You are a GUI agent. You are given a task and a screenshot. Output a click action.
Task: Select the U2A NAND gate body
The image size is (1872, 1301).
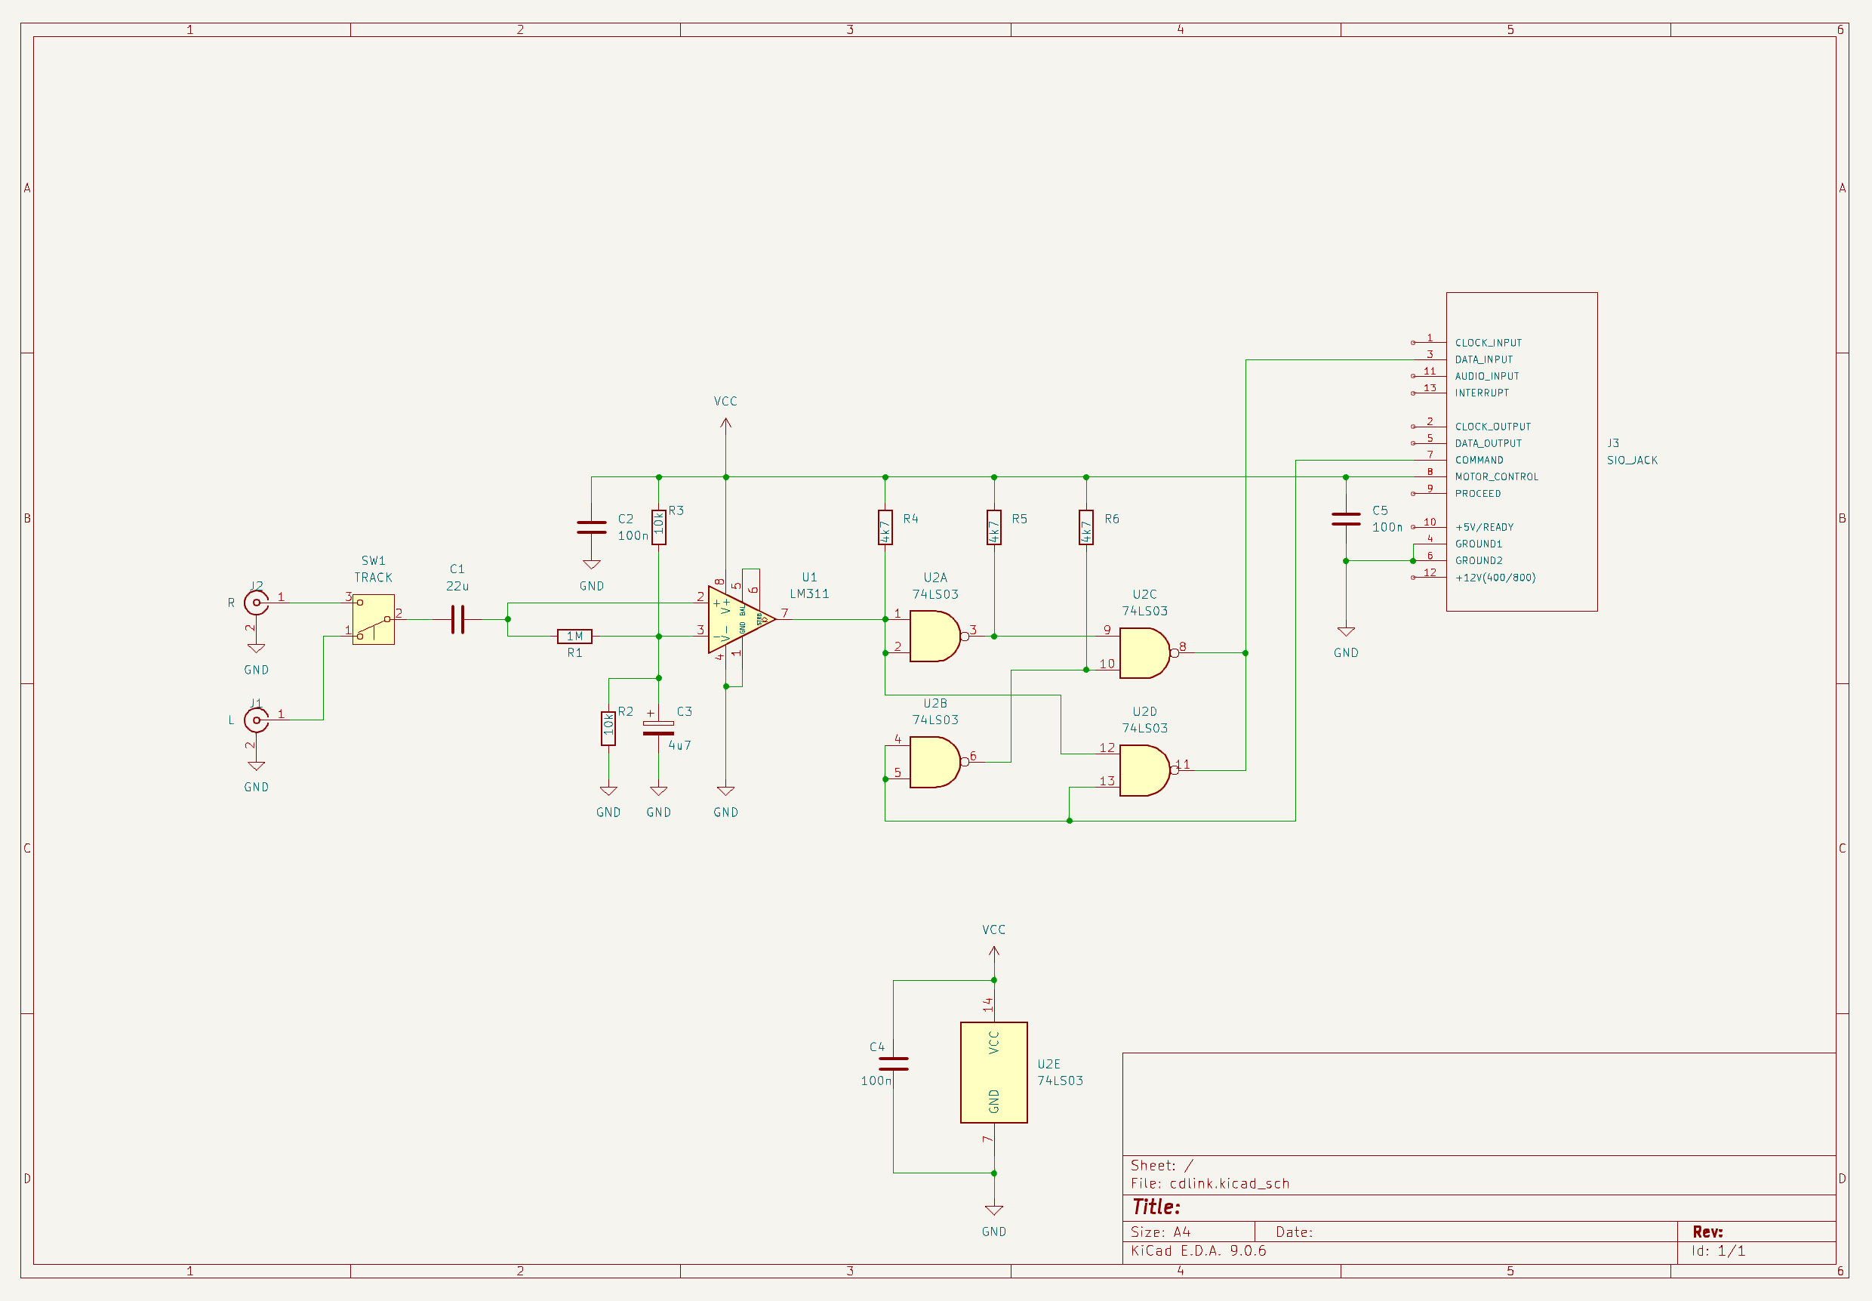click(x=933, y=637)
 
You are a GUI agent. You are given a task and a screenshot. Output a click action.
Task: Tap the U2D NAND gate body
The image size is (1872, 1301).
click(x=1143, y=770)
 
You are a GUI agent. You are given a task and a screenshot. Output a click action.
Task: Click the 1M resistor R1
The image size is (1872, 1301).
click(x=574, y=637)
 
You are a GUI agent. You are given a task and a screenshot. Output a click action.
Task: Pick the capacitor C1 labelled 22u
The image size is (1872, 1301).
click(x=458, y=619)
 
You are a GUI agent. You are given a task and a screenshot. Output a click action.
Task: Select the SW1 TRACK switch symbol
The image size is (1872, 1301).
click(x=373, y=619)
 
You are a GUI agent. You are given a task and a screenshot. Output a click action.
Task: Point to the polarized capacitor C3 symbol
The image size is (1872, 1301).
click(x=658, y=728)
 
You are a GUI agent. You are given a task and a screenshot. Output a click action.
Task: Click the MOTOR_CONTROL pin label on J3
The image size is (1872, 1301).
click(x=1496, y=477)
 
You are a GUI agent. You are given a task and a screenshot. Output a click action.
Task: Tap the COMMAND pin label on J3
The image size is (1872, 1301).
click(x=1479, y=461)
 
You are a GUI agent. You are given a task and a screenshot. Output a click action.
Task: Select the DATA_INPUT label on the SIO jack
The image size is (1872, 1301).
click(x=1483, y=359)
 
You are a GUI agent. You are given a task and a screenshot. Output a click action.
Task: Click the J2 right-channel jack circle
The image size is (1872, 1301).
click(x=256, y=603)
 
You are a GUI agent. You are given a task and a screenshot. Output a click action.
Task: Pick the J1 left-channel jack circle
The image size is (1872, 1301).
click(x=256, y=720)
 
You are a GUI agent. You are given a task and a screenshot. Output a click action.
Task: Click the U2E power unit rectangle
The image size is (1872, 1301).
click(x=993, y=1073)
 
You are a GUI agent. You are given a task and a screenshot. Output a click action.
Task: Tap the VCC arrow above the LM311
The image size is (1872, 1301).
click(x=725, y=423)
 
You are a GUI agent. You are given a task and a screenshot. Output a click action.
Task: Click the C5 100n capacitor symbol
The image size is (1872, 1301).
click(x=1346, y=519)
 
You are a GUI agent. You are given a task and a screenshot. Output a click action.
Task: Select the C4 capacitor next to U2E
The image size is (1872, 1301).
click(x=893, y=1064)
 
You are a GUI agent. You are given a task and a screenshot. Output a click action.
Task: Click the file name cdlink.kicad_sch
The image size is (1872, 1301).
click(x=1229, y=1184)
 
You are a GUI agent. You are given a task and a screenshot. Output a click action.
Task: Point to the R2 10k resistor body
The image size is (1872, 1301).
click(x=608, y=729)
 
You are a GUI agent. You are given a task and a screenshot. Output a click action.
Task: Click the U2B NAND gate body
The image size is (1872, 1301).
click(x=933, y=762)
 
